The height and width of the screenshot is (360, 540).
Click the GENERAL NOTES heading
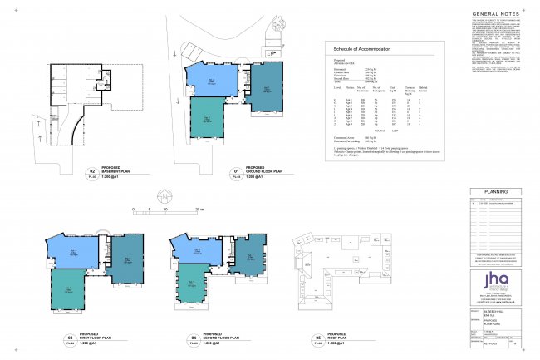tap(496, 14)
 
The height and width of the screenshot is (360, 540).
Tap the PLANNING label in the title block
tap(496, 190)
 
